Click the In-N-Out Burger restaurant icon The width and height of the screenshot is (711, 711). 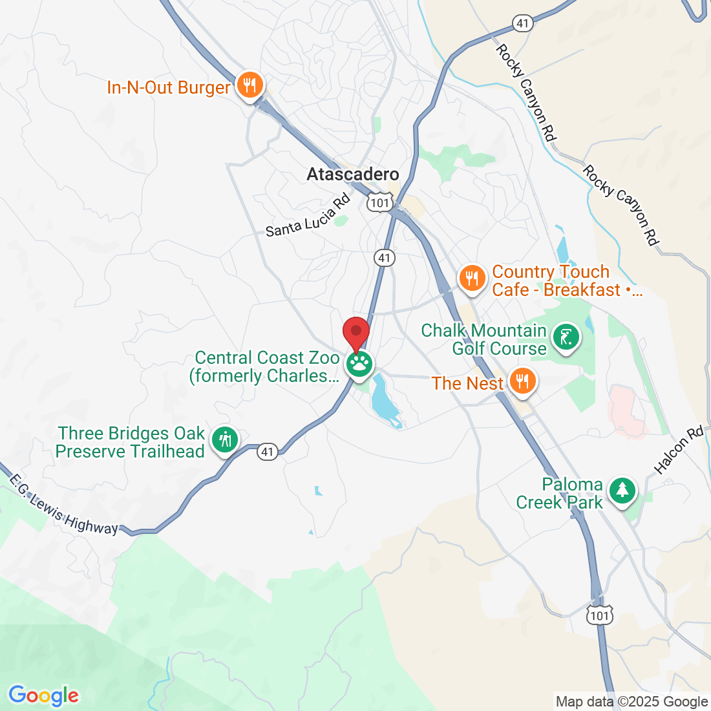249,85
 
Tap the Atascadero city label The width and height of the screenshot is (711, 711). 353,175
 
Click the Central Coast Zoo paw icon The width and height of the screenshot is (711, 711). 359,364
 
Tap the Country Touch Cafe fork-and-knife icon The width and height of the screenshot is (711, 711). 472,279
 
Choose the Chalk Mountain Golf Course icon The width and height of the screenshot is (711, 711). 566,337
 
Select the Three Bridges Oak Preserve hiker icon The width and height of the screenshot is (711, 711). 225,440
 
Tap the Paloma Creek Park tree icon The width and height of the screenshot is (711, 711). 622,491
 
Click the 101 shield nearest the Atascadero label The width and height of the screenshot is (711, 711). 379,203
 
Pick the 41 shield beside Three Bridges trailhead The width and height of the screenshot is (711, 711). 268,452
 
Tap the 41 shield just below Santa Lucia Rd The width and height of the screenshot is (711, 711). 385,258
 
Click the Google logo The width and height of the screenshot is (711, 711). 43,695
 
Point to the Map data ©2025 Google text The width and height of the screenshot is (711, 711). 631,702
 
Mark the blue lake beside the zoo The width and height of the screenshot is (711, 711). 385,401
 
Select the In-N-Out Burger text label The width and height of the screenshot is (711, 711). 169,88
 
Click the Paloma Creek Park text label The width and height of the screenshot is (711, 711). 560,493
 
